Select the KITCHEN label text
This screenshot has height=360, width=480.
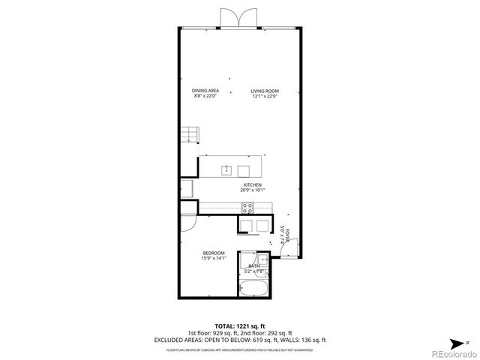coord(252,184)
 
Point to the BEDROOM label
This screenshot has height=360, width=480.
coord(214,253)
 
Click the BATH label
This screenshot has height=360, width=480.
coord(254,265)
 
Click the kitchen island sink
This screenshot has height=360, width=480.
coord(226,170)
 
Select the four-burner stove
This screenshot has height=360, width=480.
coord(246,210)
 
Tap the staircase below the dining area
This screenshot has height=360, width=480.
coord(189,135)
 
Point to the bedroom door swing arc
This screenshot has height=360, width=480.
coord(187,222)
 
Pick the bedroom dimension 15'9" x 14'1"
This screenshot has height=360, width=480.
coord(214,259)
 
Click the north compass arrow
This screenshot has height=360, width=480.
coord(465,341)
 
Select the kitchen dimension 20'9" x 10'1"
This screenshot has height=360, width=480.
coord(252,190)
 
